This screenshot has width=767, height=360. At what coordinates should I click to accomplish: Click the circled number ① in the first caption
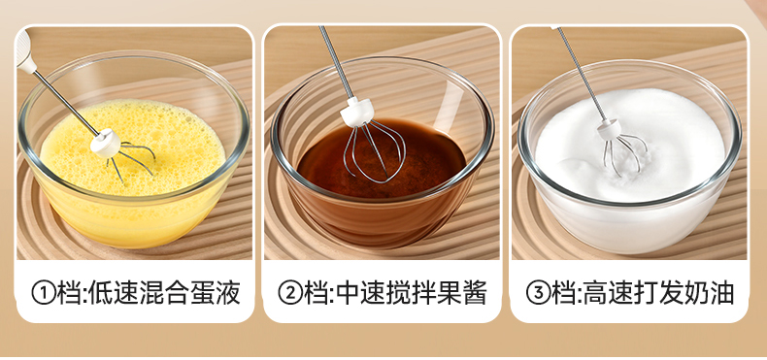(x=44, y=293)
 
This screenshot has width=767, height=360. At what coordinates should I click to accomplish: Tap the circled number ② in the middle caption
(x=290, y=293)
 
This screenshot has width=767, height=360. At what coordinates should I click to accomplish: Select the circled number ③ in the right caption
(x=538, y=293)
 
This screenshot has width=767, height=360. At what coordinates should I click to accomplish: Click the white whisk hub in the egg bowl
(x=105, y=143)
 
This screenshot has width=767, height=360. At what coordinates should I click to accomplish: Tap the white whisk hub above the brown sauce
(x=357, y=112)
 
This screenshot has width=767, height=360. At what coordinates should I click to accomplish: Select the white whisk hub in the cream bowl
(x=610, y=129)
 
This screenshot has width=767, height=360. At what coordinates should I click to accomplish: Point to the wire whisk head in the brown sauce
(x=374, y=151)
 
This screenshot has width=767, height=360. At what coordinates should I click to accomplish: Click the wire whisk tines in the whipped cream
(x=623, y=154)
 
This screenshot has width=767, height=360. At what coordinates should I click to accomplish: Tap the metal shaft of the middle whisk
(x=337, y=63)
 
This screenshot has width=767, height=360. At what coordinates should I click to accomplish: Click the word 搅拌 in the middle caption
(x=412, y=293)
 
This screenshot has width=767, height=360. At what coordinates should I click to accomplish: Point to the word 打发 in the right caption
(x=659, y=293)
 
